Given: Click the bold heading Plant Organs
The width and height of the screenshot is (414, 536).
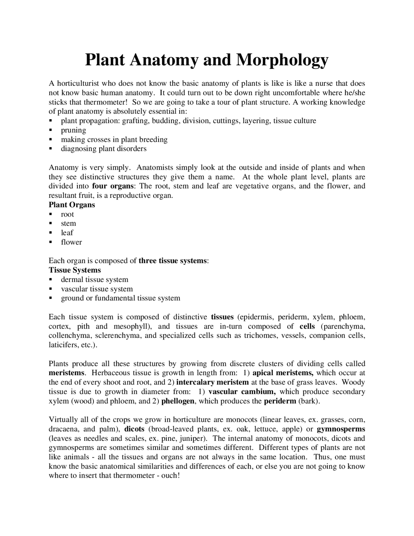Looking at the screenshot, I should click(x=72, y=205).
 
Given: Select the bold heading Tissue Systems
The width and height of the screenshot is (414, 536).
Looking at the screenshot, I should click(x=75, y=270).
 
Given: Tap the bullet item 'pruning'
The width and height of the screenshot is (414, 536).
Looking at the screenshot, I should click(x=73, y=130).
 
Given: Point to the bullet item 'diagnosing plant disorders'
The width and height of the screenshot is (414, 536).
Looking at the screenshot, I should click(x=103, y=149).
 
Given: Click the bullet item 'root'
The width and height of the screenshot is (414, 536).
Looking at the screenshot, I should click(x=67, y=214).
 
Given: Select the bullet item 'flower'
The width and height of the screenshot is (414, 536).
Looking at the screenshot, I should click(x=71, y=242).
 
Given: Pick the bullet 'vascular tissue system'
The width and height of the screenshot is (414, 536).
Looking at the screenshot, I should click(x=97, y=289).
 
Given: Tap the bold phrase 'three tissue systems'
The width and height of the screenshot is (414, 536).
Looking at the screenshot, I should click(x=173, y=261).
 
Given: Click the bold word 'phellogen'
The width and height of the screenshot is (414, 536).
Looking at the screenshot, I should click(x=178, y=401).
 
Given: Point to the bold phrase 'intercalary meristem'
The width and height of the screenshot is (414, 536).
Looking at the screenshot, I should click(x=212, y=383).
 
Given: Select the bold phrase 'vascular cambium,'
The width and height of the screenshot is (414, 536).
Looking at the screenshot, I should click(x=242, y=392).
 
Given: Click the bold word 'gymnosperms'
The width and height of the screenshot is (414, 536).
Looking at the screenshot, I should click(x=341, y=430).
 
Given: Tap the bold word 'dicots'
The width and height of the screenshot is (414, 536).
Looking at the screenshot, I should click(x=134, y=430).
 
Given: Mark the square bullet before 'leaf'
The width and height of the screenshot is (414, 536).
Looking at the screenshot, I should click(x=50, y=233).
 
